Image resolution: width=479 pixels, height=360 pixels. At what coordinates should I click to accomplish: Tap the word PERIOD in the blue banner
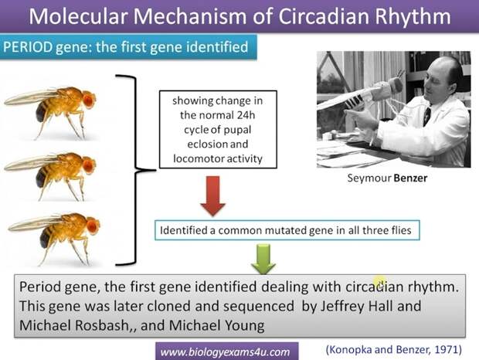click(x=28, y=47)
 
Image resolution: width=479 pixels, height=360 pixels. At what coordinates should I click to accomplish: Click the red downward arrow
click(x=213, y=196)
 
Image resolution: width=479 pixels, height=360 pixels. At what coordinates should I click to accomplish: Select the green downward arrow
click(x=263, y=258)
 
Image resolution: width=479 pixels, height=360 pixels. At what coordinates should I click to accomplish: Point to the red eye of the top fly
click(x=88, y=100)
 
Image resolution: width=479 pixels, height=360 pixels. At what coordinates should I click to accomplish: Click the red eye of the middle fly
click(x=88, y=165)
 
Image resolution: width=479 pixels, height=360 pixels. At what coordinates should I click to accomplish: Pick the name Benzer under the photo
click(x=410, y=178)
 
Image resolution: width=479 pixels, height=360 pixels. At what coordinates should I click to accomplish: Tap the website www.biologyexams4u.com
click(x=225, y=352)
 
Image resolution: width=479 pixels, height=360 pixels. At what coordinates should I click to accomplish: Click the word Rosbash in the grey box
click(x=102, y=325)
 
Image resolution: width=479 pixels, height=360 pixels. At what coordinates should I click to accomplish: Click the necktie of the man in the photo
click(x=426, y=117)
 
